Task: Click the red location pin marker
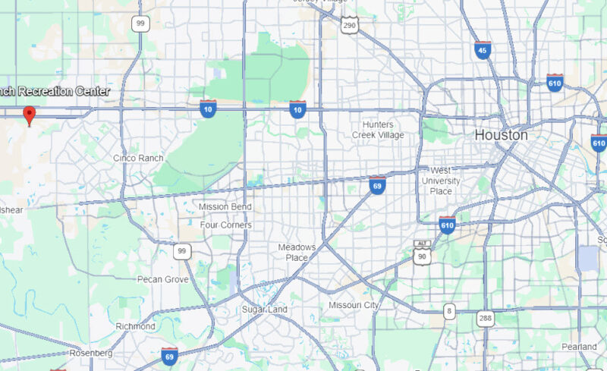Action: pyautogui.click(x=30, y=115)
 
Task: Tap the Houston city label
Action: pyautogui.click(x=501, y=134)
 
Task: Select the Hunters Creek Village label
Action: pyautogui.click(x=378, y=129)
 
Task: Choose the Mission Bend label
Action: pyautogui.click(x=224, y=206)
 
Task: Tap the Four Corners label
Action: pyautogui.click(x=225, y=225)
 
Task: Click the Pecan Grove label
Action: pyautogui.click(x=162, y=279)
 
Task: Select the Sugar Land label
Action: pyautogui.click(x=265, y=310)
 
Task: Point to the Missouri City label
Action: pyautogui.click(x=353, y=304)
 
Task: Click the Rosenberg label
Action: pyautogui.click(x=91, y=353)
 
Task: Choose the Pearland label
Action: pyautogui.click(x=580, y=346)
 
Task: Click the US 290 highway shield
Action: pyautogui.click(x=348, y=26)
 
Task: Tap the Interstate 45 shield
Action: pyautogui.click(x=483, y=49)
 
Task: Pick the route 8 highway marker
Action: pyautogui.click(x=450, y=311)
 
